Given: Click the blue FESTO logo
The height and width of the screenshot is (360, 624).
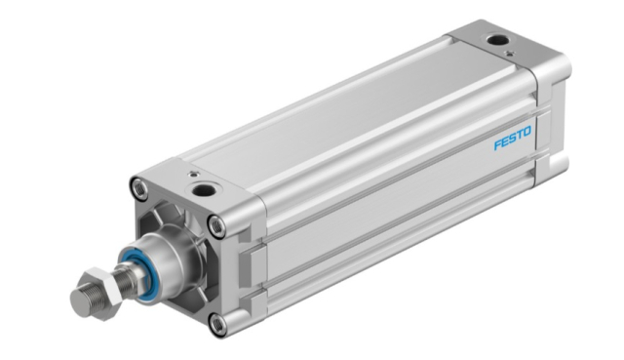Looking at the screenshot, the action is point(512,139).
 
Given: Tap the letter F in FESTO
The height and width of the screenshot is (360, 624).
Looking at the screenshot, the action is point(497,144).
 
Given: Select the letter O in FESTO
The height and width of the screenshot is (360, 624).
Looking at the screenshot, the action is point(526,132).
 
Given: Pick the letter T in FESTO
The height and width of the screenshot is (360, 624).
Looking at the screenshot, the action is point(519,135).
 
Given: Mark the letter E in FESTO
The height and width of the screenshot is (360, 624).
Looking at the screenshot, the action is point(505,140).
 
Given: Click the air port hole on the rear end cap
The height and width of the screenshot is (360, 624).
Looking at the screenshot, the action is point(496,40).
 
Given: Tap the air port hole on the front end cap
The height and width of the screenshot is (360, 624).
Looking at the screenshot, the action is point(204,190).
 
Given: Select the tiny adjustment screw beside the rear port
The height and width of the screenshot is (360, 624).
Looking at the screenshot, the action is point(508,53).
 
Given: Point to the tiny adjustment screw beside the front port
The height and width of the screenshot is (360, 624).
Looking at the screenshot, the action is point(193,174).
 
